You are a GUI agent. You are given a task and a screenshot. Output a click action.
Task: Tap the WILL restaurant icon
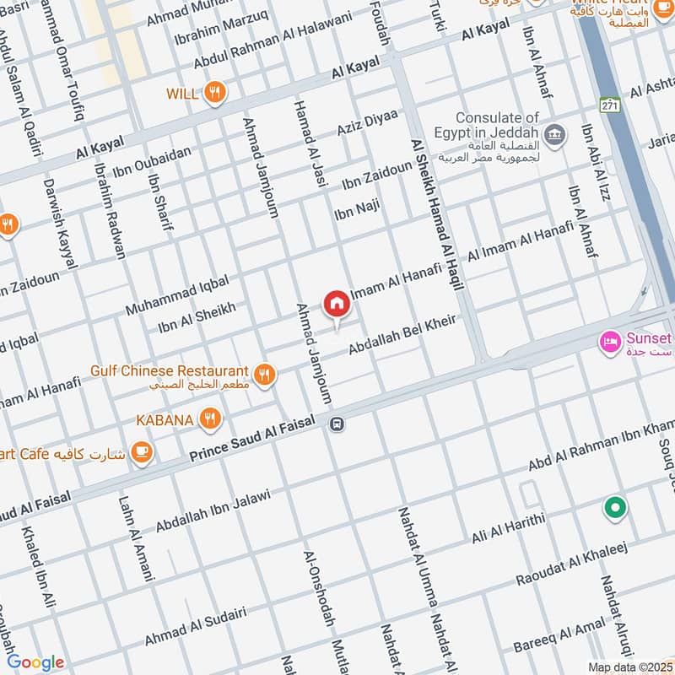tap(216, 93)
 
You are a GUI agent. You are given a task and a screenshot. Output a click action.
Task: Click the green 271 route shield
tap(609, 105)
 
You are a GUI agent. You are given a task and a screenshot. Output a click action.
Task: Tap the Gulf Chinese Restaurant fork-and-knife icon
tap(265, 373)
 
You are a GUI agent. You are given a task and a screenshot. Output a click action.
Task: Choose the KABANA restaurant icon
tap(210, 418)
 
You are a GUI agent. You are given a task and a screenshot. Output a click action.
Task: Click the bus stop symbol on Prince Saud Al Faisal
tap(337, 424)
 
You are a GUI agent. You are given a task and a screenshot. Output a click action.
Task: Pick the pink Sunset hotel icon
tap(608, 342)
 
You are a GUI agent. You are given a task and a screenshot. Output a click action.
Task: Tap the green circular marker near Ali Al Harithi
tap(615, 509)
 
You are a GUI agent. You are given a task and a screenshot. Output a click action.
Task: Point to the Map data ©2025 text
tap(629, 667)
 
